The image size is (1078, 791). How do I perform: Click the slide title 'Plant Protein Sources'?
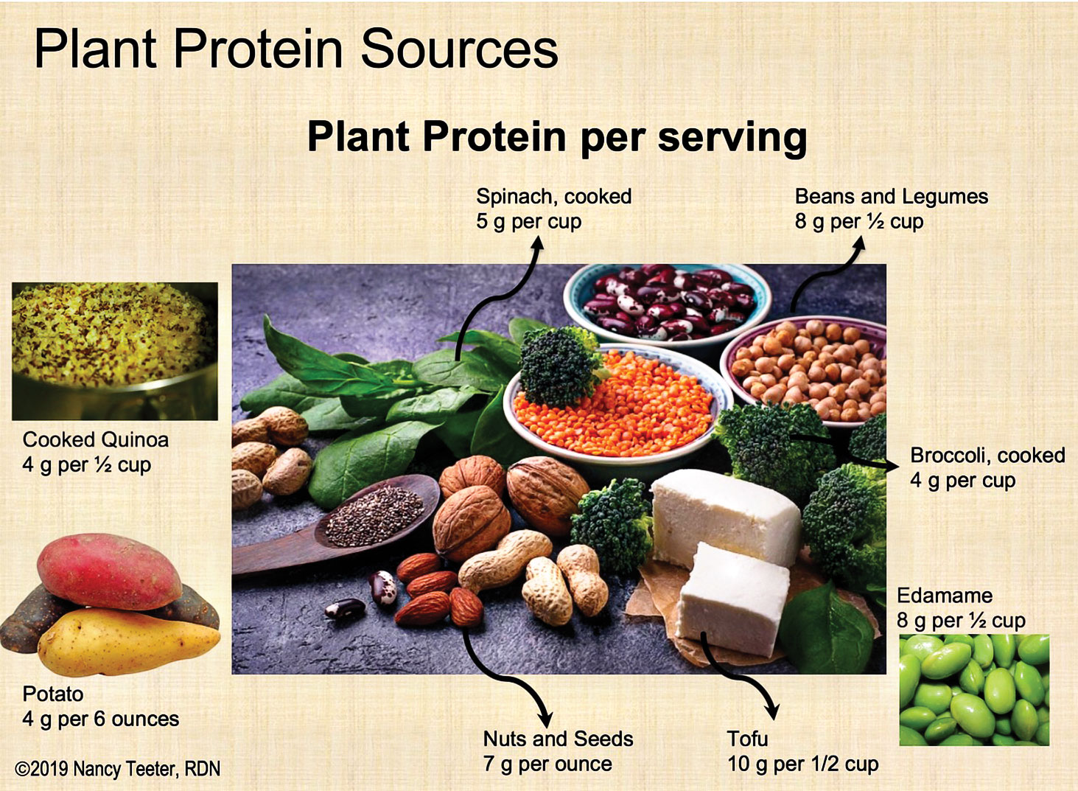click(296, 49)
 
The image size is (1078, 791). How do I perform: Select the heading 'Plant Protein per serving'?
click(557, 137)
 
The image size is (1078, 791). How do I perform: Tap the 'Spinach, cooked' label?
click(553, 196)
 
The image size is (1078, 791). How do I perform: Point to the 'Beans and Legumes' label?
click(892, 196)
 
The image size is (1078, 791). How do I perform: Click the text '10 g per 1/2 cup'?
click(803, 764)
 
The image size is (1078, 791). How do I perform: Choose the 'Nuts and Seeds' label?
click(559, 739)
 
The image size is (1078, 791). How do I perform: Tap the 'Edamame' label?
click(945, 596)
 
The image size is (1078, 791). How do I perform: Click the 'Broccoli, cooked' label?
click(987, 456)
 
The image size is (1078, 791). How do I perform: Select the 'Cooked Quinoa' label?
click(96, 439)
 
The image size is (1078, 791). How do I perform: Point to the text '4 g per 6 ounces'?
click(101, 719)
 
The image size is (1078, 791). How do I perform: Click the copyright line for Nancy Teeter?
click(117, 769)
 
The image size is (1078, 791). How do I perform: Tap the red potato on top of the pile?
click(109, 571)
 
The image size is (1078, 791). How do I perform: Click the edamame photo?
click(975, 690)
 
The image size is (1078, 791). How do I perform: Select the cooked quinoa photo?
click(114, 351)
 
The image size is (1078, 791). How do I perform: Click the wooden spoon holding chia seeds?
click(337, 527)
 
